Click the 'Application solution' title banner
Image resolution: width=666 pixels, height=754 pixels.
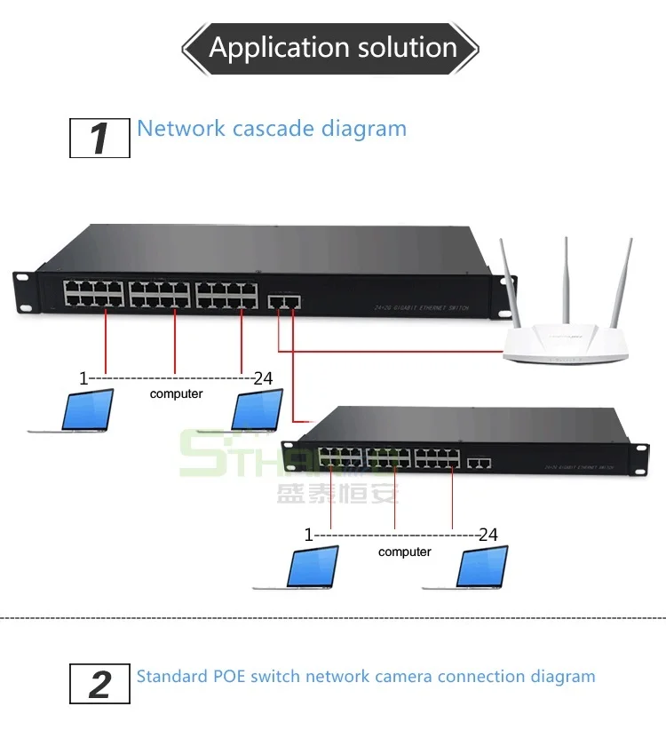(332, 47)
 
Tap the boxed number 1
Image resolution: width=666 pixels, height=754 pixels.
(99, 139)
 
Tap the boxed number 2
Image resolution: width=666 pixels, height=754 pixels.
(99, 684)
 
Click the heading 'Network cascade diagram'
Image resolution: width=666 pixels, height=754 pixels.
(272, 128)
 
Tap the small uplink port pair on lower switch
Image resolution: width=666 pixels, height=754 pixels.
(480, 463)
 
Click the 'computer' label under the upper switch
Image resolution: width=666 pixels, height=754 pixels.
(176, 393)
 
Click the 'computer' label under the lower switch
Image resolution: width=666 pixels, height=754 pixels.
(404, 552)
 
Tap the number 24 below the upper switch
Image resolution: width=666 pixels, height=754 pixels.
(263, 378)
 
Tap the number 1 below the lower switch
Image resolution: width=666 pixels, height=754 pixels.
(309, 535)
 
